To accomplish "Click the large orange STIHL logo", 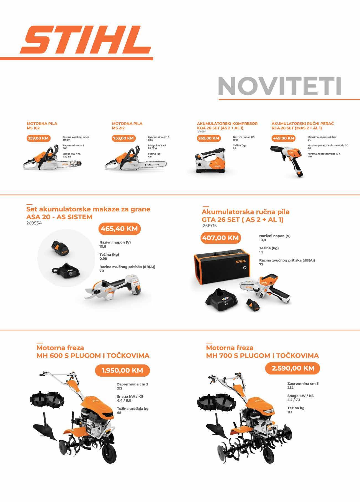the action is (86, 40).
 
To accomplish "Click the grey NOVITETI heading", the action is (279, 86).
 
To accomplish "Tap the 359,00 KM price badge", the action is (38, 138).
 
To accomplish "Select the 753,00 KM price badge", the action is (124, 138).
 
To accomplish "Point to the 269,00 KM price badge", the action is (209, 138).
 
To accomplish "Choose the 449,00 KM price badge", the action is (283, 138).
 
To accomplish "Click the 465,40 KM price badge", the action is (119, 229).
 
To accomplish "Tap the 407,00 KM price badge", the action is (220, 238).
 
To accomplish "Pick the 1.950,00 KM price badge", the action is (122, 370).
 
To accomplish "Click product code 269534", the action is (34, 223).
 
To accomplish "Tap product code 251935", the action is (210, 226).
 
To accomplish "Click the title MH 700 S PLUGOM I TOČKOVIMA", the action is (262, 356).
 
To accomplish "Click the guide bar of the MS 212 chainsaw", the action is (152, 165).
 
